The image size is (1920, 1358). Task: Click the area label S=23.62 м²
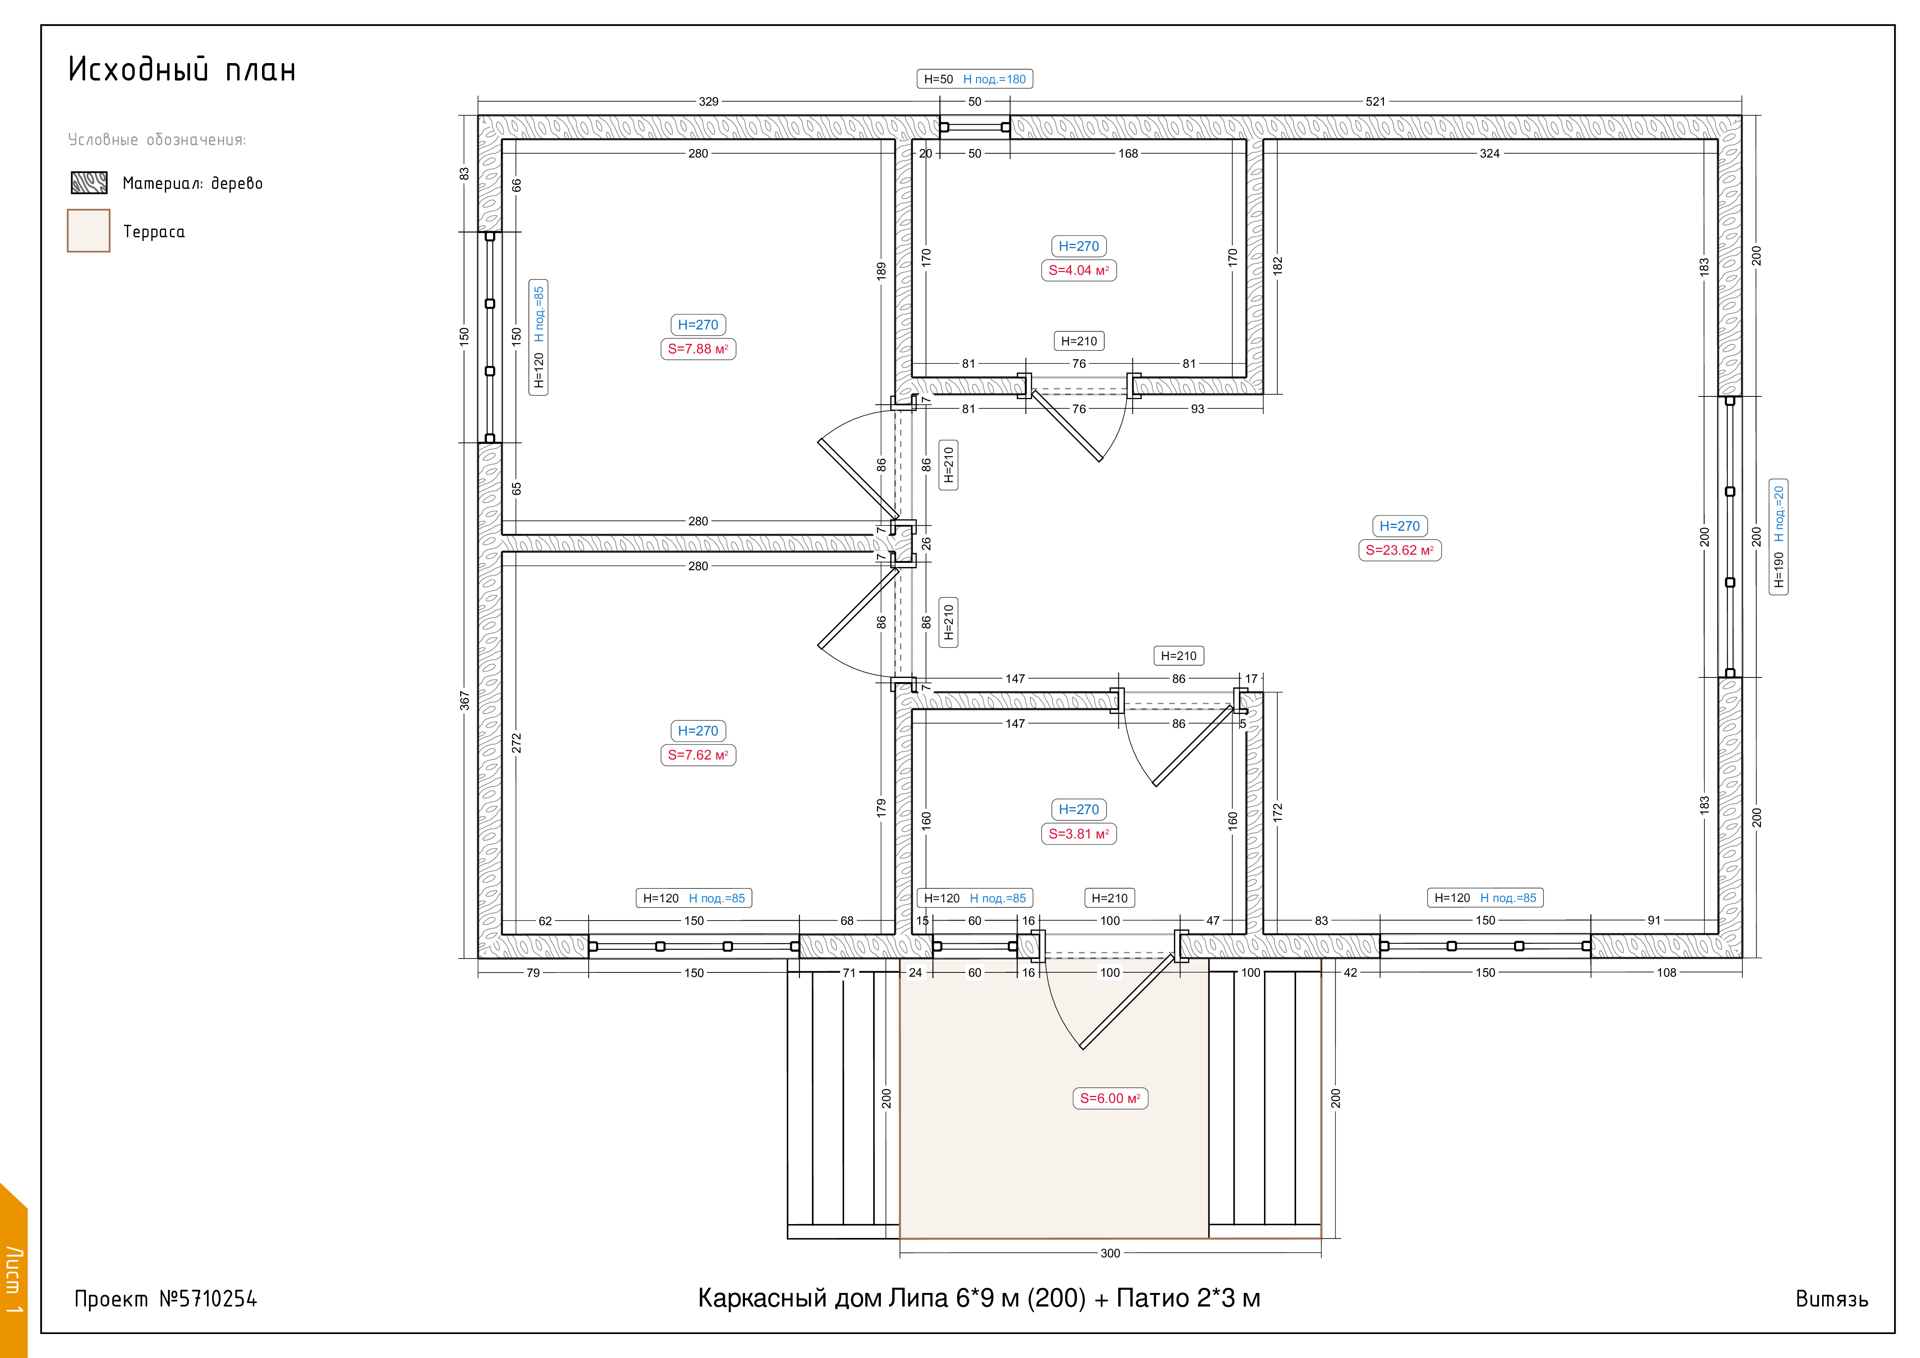click(1400, 550)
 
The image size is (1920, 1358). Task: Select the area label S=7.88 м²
click(698, 349)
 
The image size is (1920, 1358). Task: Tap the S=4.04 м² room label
click(1079, 270)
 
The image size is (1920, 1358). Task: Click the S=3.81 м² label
click(1079, 834)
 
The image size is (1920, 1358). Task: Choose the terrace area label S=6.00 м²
click(1110, 1098)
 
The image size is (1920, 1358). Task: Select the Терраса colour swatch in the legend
click(89, 231)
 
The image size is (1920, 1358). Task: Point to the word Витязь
click(1831, 1299)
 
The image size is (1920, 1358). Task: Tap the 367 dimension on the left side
click(464, 701)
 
